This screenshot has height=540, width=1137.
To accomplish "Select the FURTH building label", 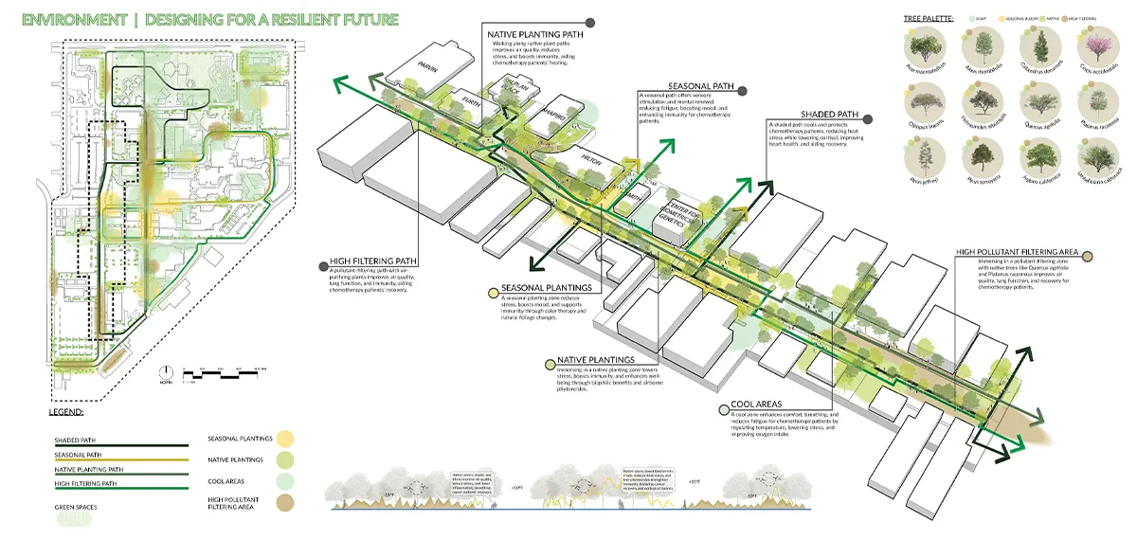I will click(460, 98).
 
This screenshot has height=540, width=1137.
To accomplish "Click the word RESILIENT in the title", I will click(284, 20).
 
